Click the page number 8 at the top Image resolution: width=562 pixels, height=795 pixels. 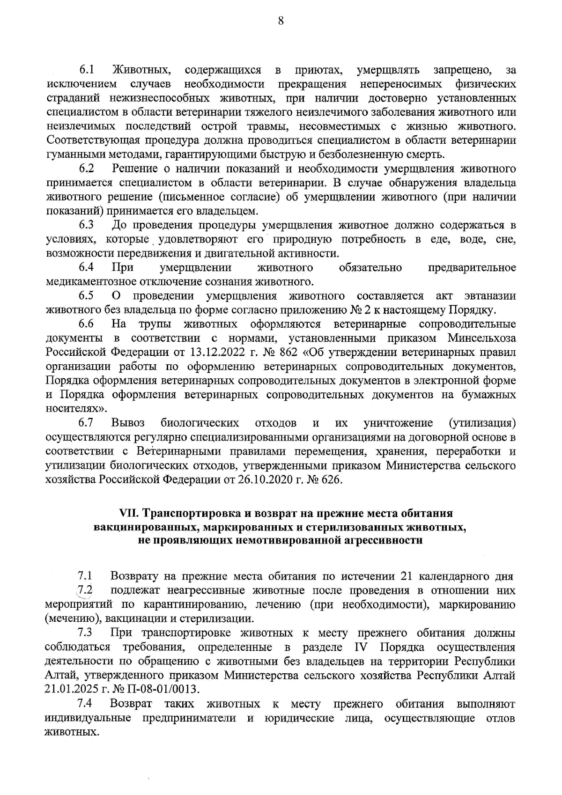(x=281, y=21)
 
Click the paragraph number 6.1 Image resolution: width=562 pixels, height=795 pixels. (x=86, y=70)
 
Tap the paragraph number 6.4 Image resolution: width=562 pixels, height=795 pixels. (x=86, y=267)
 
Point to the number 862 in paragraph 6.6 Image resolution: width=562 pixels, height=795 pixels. (x=294, y=352)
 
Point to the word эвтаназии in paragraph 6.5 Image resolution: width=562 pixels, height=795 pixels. (x=490, y=296)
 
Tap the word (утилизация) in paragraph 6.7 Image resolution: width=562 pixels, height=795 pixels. (x=482, y=423)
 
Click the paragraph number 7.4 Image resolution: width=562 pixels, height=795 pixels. (x=86, y=704)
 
